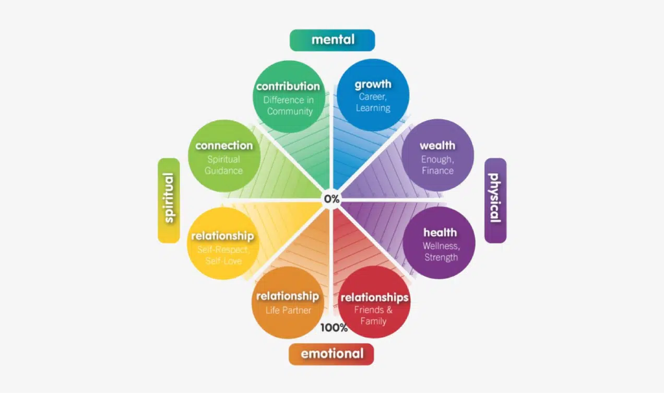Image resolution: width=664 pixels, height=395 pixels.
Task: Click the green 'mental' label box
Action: click(x=332, y=40)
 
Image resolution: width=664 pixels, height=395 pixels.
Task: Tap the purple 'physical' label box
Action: click(x=495, y=201)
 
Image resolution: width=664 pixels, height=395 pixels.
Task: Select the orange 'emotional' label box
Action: click(x=331, y=354)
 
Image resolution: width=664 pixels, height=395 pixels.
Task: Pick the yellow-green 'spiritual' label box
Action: click(x=169, y=201)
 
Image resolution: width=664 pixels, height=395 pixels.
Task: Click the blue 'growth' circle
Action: click(x=373, y=95)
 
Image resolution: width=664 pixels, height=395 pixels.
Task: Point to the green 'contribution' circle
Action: click(x=289, y=97)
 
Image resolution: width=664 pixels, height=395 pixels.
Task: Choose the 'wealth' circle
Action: click(x=437, y=155)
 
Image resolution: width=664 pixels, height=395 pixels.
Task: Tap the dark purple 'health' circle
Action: click(x=439, y=243)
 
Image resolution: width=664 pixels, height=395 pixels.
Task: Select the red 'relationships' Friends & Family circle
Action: click(x=374, y=302)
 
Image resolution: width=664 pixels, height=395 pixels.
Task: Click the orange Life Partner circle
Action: click(x=288, y=303)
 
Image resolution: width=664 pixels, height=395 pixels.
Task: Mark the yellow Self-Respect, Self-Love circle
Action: click(x=223, y=243)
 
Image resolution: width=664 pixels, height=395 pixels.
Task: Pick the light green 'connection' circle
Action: click(x=224, y=156)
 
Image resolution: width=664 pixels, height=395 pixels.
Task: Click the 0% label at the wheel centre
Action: click(x=331, y=199)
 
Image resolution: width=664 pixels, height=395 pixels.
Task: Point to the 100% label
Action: click(x=334, y=328)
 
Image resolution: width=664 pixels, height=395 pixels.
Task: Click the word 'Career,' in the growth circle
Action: click(x=373, y=97)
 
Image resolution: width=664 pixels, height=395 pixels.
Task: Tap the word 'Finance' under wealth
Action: click(x=437, y=171)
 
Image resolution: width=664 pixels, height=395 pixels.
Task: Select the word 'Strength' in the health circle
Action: click(x=441, y=257)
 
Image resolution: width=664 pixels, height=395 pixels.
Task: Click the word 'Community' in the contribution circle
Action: click(x=290, y=111)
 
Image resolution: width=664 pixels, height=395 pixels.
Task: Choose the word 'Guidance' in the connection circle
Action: click(x=223, y=171)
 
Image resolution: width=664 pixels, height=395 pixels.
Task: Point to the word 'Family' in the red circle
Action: click(x=373, y=321)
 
